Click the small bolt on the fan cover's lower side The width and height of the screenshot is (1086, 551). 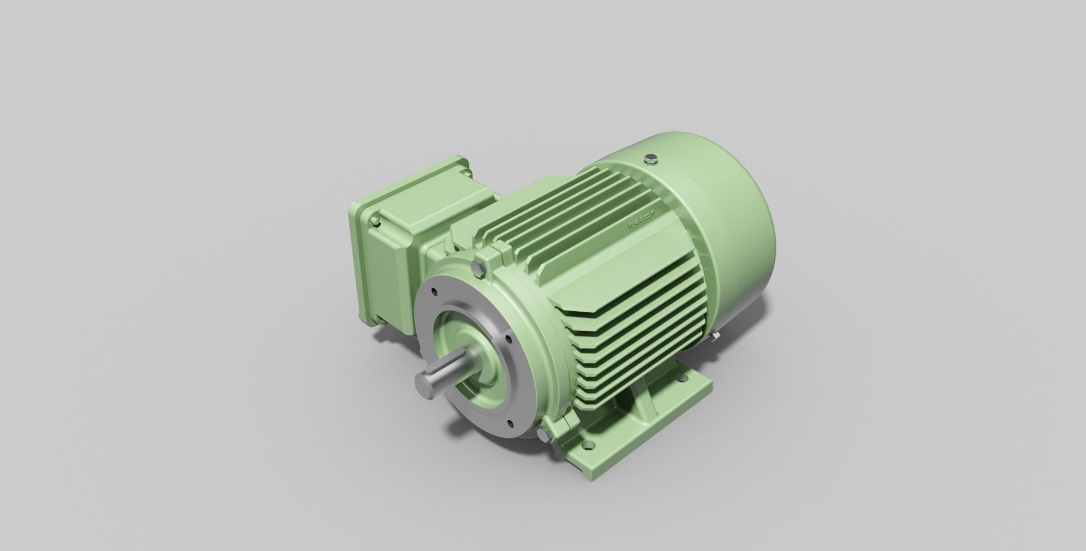(715, 339)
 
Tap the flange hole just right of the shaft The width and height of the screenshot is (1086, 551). (507, 340)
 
